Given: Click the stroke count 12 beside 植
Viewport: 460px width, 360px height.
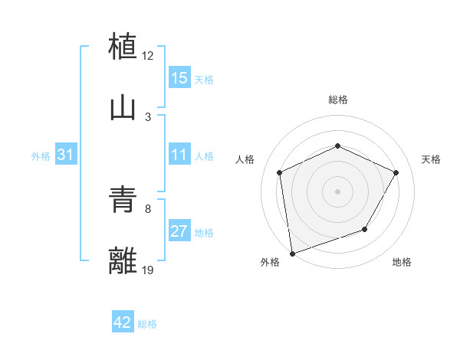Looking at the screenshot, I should (x=148, y=56).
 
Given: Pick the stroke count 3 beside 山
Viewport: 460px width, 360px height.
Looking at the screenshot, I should (x=148, y=117).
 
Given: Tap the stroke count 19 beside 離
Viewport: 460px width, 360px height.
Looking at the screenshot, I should (x=148, y=270).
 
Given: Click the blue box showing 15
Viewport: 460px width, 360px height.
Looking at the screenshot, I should (x=179, y=78).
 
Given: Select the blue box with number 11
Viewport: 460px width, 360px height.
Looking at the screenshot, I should (x=179, y=155).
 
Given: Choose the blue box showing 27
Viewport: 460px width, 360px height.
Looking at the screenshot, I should (x=179, y=231).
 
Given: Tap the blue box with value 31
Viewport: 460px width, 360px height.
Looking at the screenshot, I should (x=66, y=155).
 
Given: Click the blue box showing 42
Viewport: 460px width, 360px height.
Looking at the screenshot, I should (x=123, y=322).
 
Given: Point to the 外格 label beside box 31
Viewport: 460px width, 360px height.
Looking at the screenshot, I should (x=41, y=155).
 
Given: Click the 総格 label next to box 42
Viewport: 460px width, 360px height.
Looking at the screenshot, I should (x=147, y=324).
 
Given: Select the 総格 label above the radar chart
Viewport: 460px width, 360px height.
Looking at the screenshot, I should (x=337, y=100).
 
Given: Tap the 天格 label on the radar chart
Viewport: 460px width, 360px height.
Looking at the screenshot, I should (x=431, y=159).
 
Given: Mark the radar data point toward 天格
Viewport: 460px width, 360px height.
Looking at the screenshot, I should (x=396, y=172).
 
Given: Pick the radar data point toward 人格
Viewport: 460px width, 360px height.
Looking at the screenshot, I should (x=280, y=172).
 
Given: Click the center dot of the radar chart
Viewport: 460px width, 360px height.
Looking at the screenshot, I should (x=337, y=191).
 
